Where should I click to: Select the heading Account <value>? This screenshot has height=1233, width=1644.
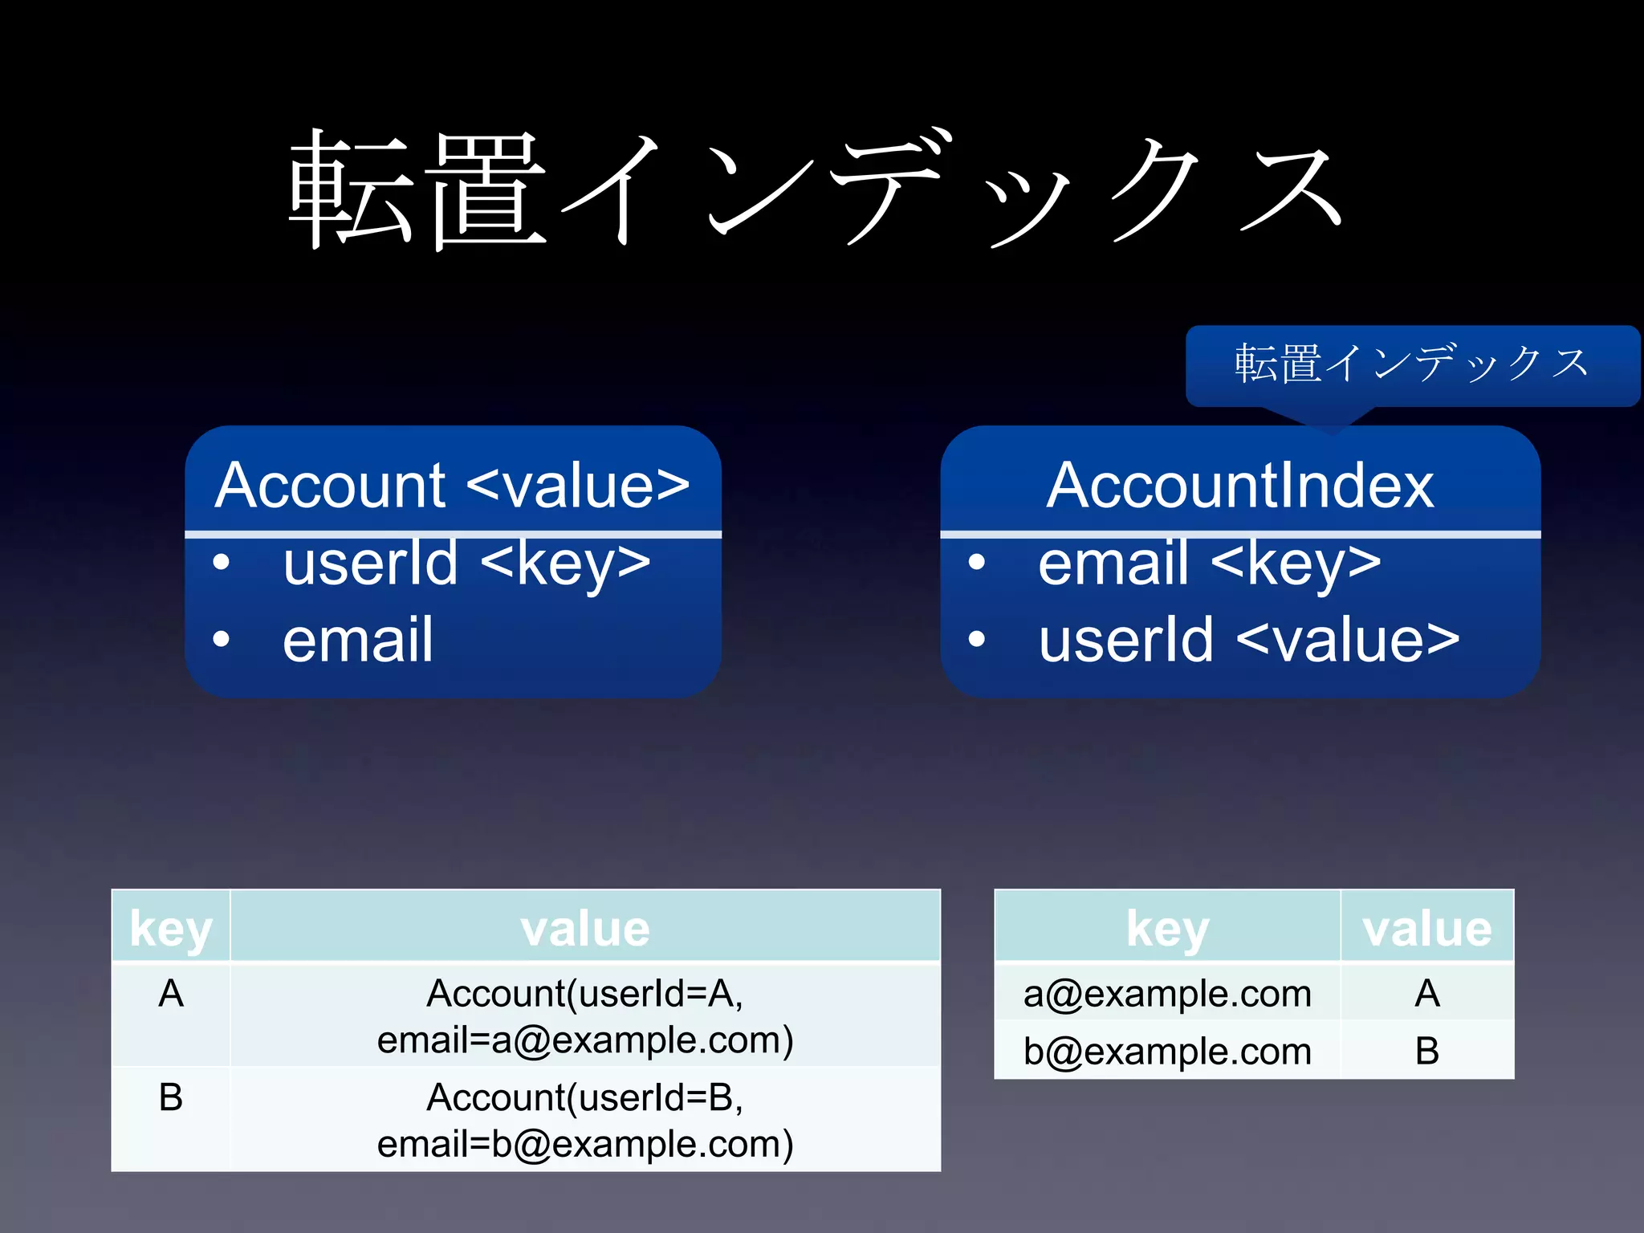(452, 486)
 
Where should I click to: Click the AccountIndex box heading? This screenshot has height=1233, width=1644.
(1239, 486)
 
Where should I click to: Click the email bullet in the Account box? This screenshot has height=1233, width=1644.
(358, 641)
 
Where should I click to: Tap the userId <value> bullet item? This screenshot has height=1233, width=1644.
(1248, 641)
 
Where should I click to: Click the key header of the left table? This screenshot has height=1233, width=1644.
(171, 929)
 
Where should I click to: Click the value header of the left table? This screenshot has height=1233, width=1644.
(585, 929)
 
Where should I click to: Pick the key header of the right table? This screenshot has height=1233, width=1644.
(1167, 929)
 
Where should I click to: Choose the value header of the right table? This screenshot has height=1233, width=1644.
(1426, 929)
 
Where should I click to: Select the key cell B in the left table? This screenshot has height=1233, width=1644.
(171, 1098)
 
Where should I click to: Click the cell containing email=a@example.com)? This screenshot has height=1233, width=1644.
(585, 1040)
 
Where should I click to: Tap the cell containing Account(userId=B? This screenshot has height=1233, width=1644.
(585, 1098)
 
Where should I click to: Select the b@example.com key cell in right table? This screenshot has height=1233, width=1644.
(1167, 1052)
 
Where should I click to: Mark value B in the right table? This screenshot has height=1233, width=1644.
(1426, 1052)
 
